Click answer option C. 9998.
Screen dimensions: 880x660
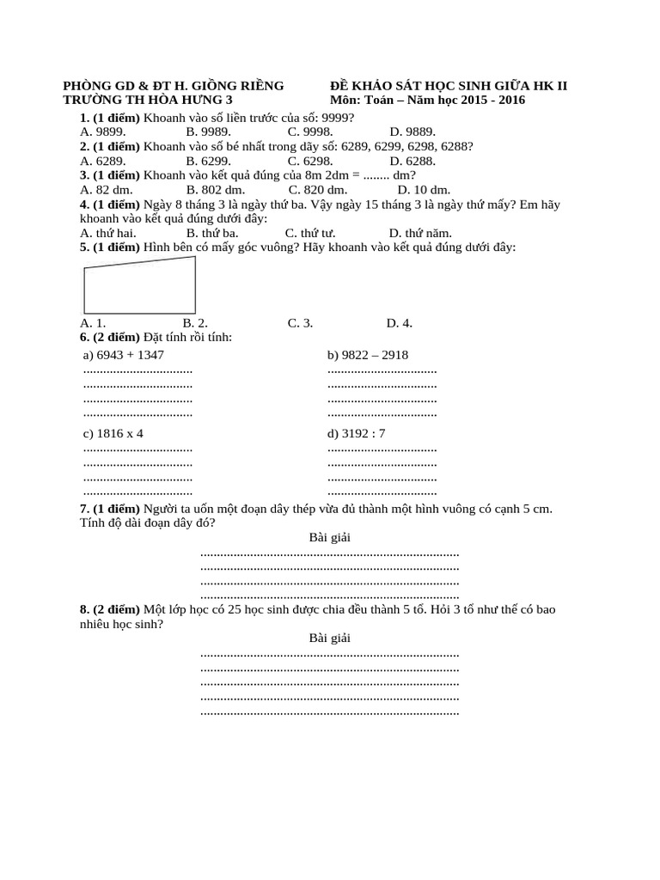click(310, 131)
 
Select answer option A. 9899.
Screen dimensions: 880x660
click(103, 131)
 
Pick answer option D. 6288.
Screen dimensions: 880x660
click(412, 161)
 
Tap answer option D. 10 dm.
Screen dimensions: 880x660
click(424, 190)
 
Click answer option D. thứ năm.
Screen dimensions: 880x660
click(420, 233)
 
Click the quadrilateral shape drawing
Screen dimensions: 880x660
click(139, 286)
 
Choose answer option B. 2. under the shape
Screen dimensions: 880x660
click(195, 323)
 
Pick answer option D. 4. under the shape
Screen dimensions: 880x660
click(400, 323)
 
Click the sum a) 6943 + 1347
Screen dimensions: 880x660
click(123, 355)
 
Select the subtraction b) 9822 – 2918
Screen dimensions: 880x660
click(368, 355)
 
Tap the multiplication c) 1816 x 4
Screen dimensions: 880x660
click(113, 433)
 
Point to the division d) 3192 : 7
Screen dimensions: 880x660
click(356, 433)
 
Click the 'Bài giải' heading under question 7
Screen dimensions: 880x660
click(329, 537)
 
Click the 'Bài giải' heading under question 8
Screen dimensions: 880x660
click(329, 638)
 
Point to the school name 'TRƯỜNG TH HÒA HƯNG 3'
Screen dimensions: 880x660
click(148, 100)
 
